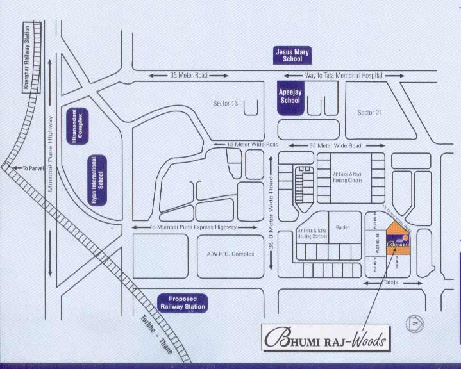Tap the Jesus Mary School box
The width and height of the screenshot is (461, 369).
coord(292,54)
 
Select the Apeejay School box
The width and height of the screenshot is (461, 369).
coord(290,97)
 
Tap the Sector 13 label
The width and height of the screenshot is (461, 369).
coord(225,103)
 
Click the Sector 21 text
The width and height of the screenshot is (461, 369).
coord(369,113)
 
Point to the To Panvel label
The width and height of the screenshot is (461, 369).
coord(31,168)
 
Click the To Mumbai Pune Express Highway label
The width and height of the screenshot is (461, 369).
coord(193,227)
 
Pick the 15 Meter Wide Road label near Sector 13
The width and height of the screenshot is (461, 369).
coord(252,145)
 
